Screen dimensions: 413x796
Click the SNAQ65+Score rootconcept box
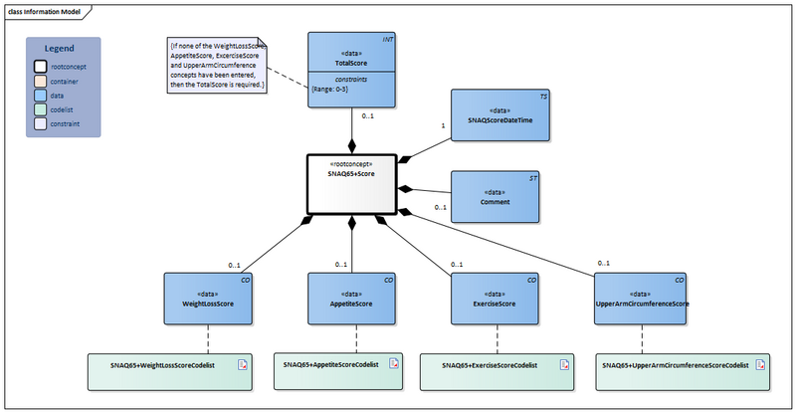click(350, 183)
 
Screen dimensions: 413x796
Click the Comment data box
click(495, 196)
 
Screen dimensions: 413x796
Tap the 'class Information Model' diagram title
click(44, 10)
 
